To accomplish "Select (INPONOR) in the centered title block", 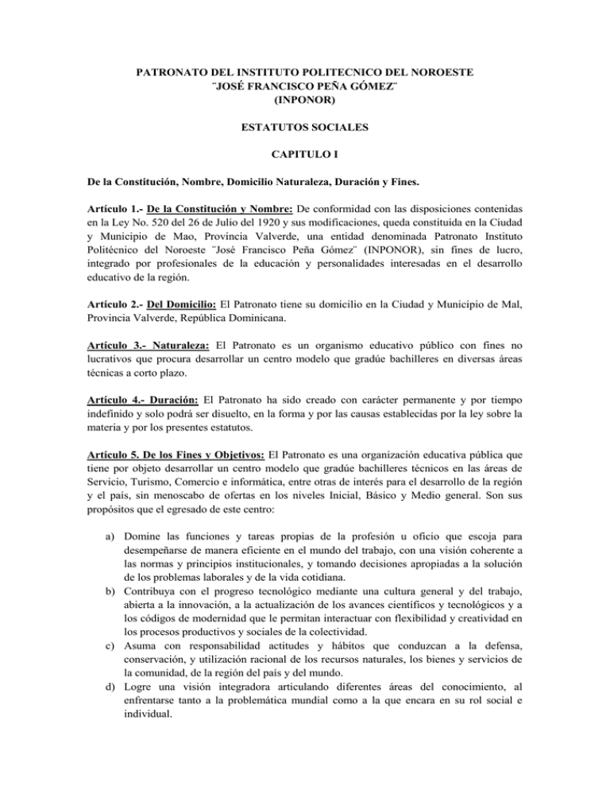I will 304,102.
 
